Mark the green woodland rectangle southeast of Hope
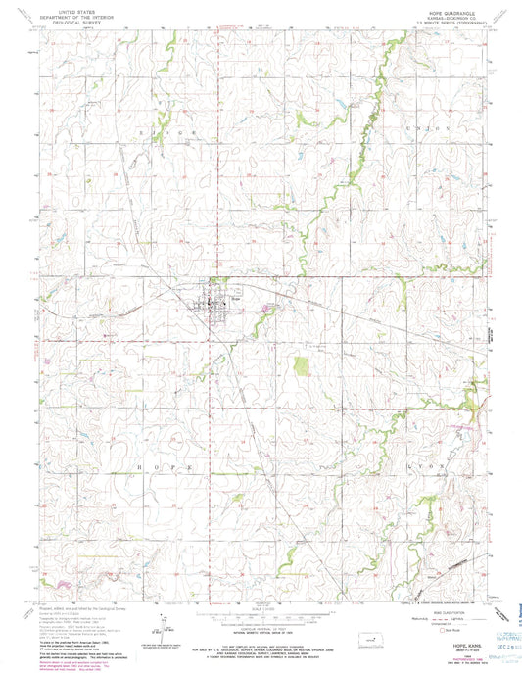[303, 367]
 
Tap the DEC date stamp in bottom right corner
[487, 649]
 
